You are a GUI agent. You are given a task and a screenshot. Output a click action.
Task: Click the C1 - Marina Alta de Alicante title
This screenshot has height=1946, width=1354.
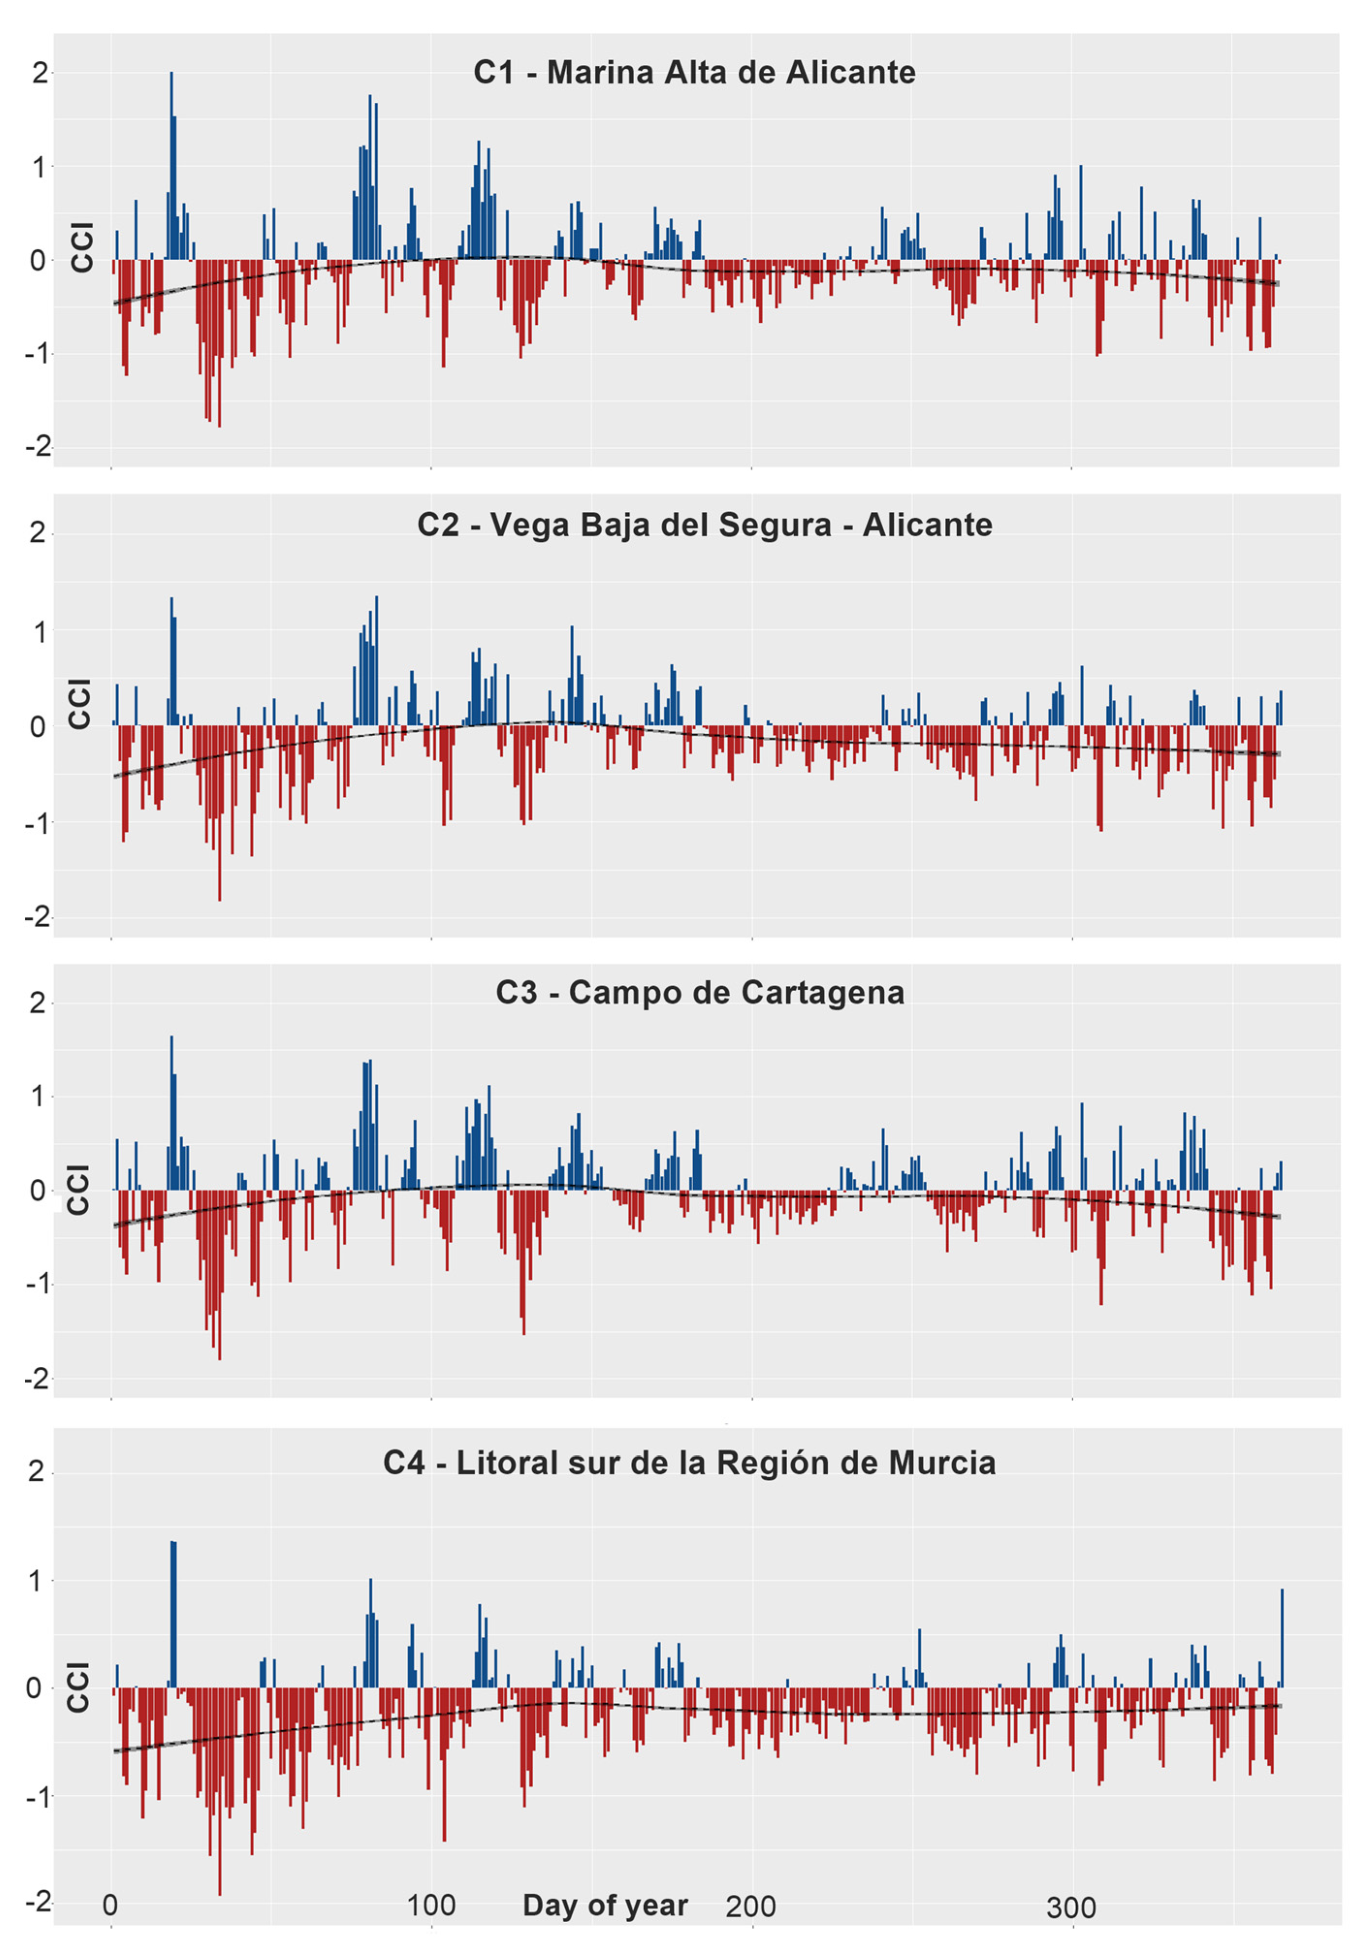click(x=694, y=73)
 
